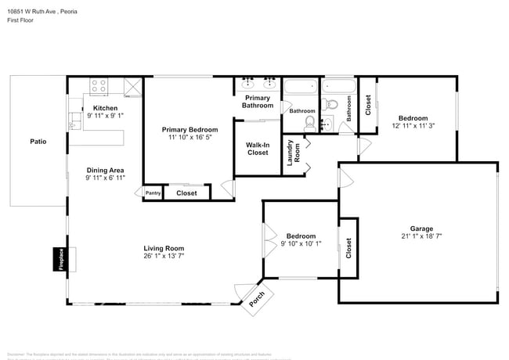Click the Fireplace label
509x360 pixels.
(x=60, y=260)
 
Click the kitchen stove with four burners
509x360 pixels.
(x=99, y=85)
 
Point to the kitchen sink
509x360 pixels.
(x=74, y=120)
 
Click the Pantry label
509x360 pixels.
(x=153, y=193)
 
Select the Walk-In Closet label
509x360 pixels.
(x=258, y=149)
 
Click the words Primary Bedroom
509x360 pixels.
(x=190, y=129)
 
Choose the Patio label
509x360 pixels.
(x=38, y=142)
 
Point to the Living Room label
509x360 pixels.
(x=164, y=248)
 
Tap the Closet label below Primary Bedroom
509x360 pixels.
(x=186, y=193)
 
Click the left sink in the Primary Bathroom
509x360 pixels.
(x=249, y=81)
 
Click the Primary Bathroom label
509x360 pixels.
(x=257, y=102)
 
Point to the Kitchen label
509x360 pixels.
(x=105, y=108)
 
